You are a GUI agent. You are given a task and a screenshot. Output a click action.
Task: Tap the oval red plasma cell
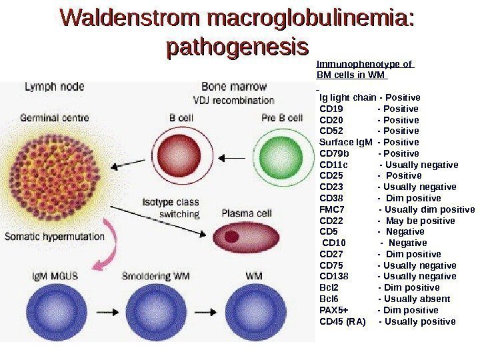coord(243,237)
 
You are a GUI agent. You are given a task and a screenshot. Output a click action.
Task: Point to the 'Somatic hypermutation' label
coord(55,235)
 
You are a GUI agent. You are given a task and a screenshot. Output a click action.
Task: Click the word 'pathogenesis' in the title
coord(238,48)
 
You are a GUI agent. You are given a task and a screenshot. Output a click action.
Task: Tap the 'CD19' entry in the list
coord(331,109)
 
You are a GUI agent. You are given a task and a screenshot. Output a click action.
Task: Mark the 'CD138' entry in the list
coord(334,277)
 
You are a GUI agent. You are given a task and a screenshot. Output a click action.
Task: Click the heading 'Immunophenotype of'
coord(364,64)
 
